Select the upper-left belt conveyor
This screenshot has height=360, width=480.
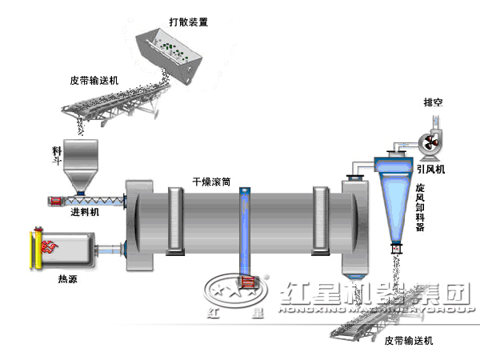click(x=120, y=102)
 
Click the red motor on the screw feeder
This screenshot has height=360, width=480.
click(x=56, y=200)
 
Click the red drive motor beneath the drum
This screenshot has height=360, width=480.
click(x=246, y=282)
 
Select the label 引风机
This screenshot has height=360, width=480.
click(x=430, y=170)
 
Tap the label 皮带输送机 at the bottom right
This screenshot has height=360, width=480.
click(x=408, y=342)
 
